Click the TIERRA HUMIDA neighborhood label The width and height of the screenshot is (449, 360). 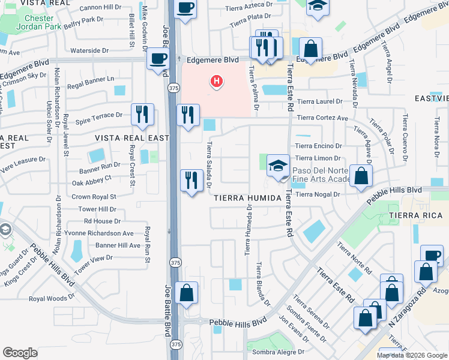[x=244, y=198]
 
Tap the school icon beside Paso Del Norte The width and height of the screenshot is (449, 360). [x=278, y=166]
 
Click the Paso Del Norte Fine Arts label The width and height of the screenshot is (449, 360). [x=321, y=175]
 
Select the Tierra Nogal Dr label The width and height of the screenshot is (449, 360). [x=318, y=194]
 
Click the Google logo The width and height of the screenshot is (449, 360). [x=20, y=352]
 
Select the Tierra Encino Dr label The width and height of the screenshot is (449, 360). [x=318, y=146]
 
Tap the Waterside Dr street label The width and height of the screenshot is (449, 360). [x=89, y=51]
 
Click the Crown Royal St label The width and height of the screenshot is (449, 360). [x=94, y=196]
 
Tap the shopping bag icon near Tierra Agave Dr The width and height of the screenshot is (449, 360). [x=361, y=176]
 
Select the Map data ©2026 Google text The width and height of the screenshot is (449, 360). [x=411, y=355]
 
